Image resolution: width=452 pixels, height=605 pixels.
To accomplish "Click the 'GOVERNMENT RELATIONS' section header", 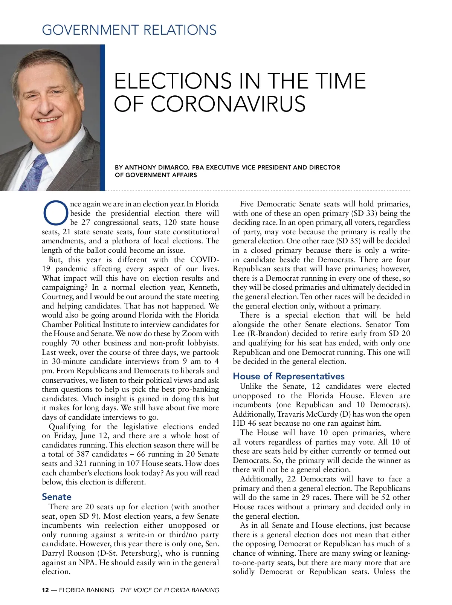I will pyautogui.click(x=129, y=30).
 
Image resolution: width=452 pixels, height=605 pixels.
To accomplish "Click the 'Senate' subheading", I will pyautogui.click(x=56, y=497).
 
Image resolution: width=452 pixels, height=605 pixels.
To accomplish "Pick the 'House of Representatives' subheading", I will pyautogui.click(x=288, y=376).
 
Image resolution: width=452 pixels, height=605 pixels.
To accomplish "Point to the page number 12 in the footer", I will pyautogui.click(x=45, y=590).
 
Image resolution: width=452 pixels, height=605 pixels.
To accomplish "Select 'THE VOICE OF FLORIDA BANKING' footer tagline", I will pyautogui.click(x=169, y=590).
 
